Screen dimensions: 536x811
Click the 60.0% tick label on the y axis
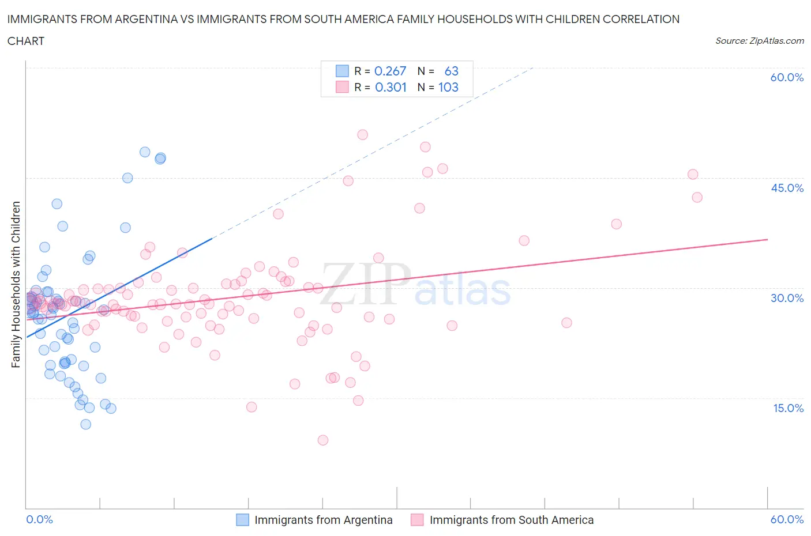[x=787, y=77]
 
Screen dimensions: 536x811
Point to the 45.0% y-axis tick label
[x=787, y=188]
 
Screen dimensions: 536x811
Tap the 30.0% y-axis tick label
[x=787, y=298]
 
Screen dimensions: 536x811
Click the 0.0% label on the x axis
[x=39, y=519]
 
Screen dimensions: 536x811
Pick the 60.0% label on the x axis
[x=787, y=519]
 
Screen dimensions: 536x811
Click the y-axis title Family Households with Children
[x=16, y=284]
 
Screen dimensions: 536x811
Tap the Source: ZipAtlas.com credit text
[x=759, y=41]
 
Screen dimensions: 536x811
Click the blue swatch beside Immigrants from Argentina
[x=243, y=520]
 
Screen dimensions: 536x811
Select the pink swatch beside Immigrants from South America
[x=417, y=520]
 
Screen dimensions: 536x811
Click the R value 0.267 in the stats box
[x=391, y=71]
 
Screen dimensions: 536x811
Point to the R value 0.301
[x=391, y=87]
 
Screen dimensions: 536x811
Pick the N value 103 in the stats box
[x=448, y=87]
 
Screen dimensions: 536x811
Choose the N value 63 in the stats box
[x=451, y=71]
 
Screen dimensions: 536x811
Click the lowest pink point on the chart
[x=323, y=440]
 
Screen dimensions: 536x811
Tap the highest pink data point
[x=362, y=135]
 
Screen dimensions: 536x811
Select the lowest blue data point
[x=86, y=424]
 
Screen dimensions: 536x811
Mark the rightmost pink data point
[x=697, y=197]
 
